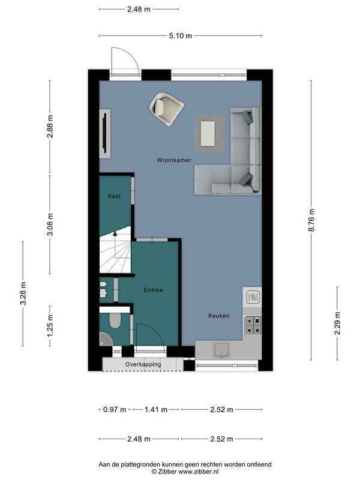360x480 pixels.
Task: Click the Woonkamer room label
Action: pos(174,160)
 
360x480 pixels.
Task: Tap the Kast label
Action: pos(114,196)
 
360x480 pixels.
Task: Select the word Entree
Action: pos(154,290)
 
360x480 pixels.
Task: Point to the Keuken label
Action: pos(219,316)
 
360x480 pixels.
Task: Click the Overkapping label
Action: pos(143,364)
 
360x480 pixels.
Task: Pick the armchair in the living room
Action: pos(166,109)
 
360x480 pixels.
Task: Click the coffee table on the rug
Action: pos(208,133)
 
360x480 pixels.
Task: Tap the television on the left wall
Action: pos(104,133)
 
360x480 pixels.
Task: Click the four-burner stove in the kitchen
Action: pos(253,325)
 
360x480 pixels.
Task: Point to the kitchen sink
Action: pos(221,350)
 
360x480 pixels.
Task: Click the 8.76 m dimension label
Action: pos(311,220)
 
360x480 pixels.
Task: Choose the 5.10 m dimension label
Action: pos(181,36)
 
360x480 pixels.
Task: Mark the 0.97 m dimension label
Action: pos(115,410)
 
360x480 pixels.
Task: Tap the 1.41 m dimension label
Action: pos(156,410)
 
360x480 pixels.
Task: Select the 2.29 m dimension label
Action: pos(337,323)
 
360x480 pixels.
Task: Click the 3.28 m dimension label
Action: pos(23,293)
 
